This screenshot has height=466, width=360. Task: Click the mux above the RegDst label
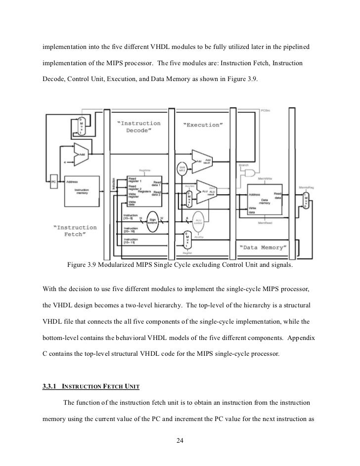tap(187, 240)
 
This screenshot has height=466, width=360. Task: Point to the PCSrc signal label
tap(265, 111)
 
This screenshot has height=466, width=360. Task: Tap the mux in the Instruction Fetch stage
tap(80, 126)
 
